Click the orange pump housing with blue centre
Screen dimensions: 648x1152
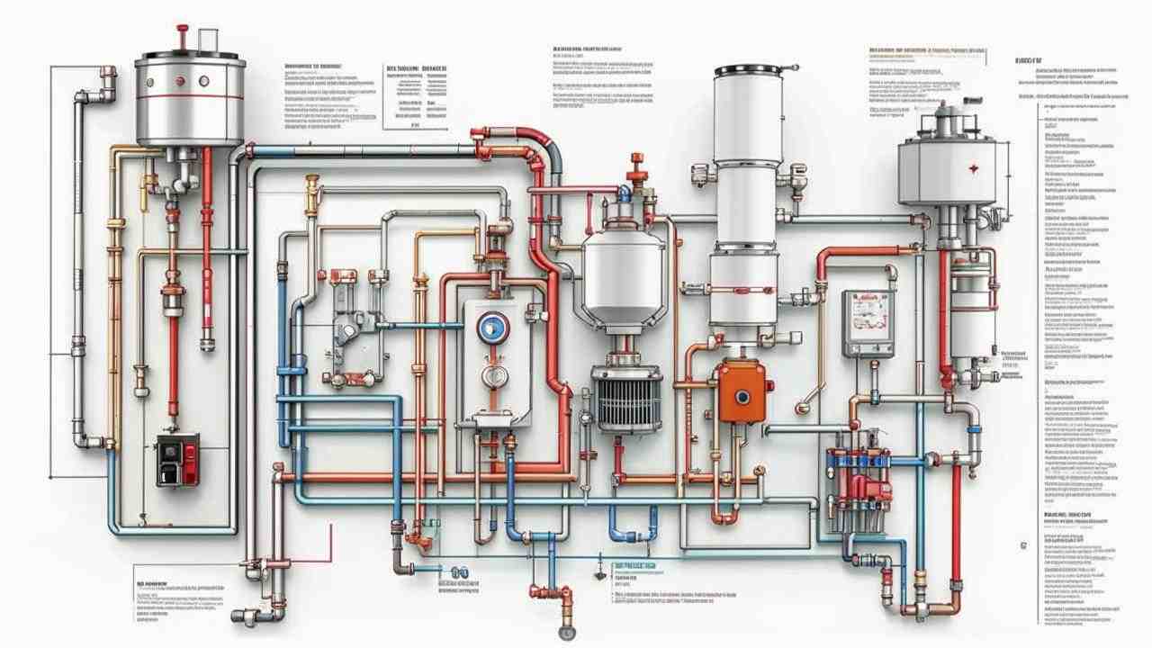click(742, 391)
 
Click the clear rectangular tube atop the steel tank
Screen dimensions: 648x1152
click(209, 40)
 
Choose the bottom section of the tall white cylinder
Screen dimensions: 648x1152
click(743, 288)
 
